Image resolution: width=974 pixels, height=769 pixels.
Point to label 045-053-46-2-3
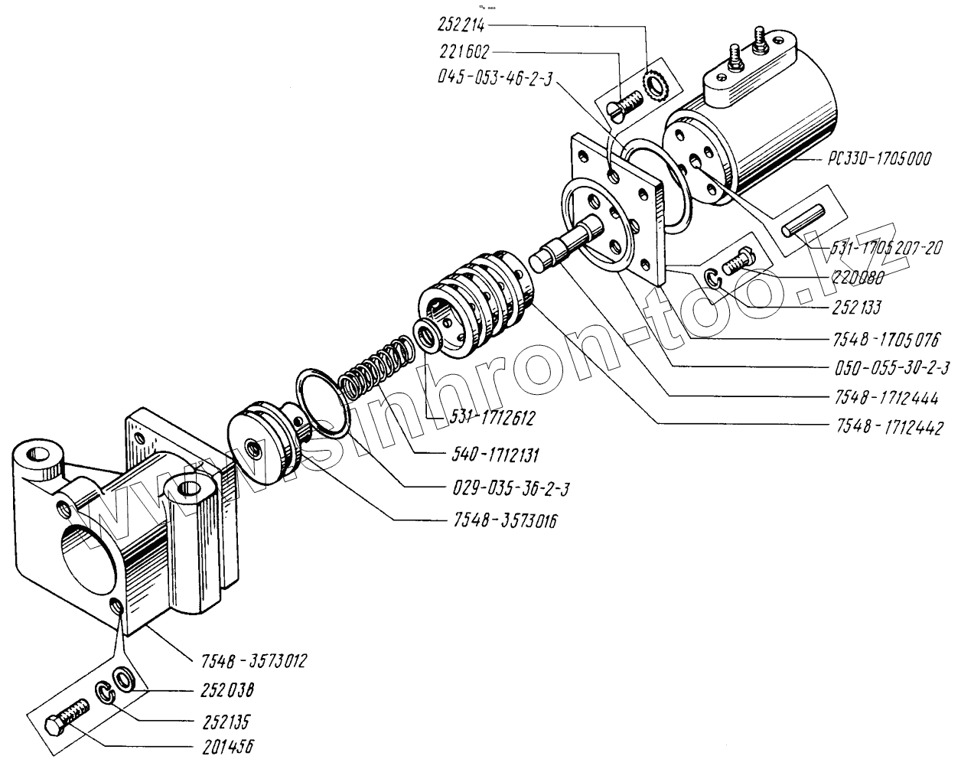(494, 79)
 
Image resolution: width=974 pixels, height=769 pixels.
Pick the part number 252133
(855, 308)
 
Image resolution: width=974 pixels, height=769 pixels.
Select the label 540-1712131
(490, 456)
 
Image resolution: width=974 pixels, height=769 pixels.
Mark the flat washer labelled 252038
(122, 678)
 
